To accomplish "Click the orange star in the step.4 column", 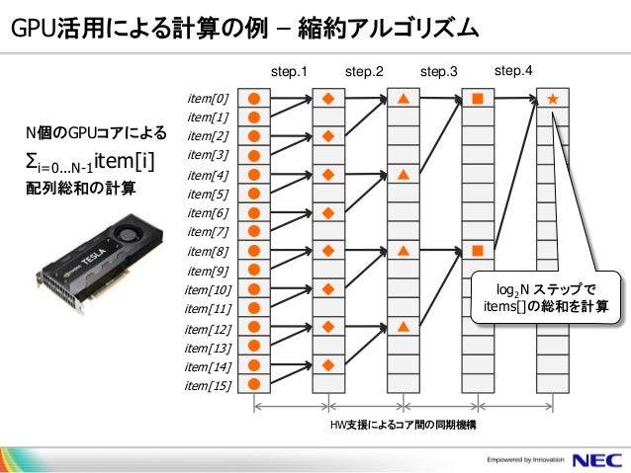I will (552, 99).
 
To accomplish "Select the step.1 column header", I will (290, 72).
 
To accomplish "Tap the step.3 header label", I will (438, 72).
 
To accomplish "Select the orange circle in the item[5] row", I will (254, 194).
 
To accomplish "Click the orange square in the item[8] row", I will (478, 251).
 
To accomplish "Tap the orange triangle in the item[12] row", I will (404, 327).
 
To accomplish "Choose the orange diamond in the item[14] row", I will (328, 365).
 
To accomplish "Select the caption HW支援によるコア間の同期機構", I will (404, 424).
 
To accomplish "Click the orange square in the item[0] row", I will (478, 99).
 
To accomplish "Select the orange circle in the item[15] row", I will (254, 384).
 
